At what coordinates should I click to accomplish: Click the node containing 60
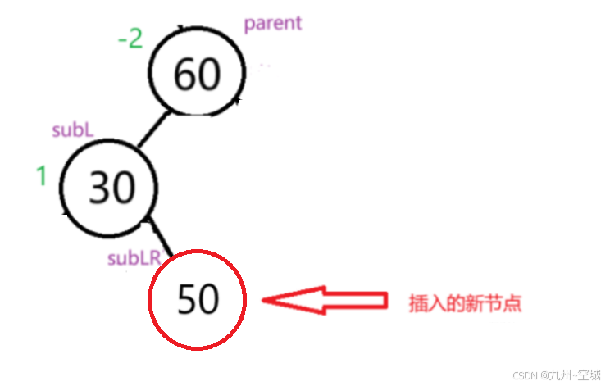(198, 75)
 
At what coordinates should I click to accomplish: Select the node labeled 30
(111, 188)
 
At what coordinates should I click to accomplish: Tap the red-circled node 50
(198, 300)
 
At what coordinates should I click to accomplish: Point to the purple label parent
(273, 23)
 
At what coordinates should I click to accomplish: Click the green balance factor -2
(130, 39)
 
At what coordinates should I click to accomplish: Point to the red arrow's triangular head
(291, 301)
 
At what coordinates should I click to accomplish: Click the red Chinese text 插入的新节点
(466, 303)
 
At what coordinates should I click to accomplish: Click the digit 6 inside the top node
(186, 75)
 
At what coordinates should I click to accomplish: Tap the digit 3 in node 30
(100, 189)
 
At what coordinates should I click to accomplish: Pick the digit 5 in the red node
(187, 301)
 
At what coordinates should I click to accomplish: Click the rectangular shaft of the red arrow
(354, 301)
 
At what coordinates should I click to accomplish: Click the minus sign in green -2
(122, 39)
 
